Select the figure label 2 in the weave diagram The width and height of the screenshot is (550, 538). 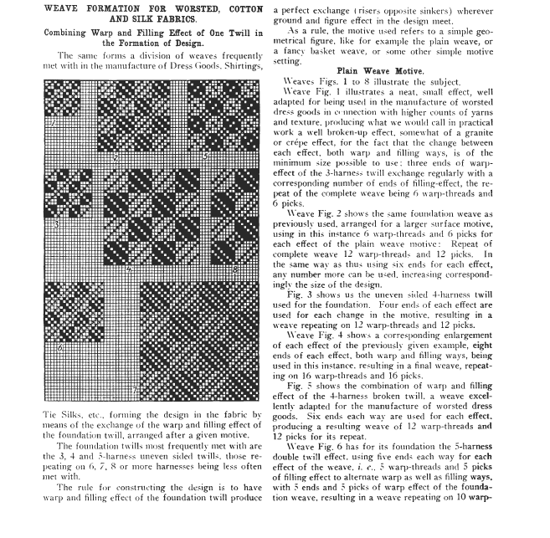point(116,156)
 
